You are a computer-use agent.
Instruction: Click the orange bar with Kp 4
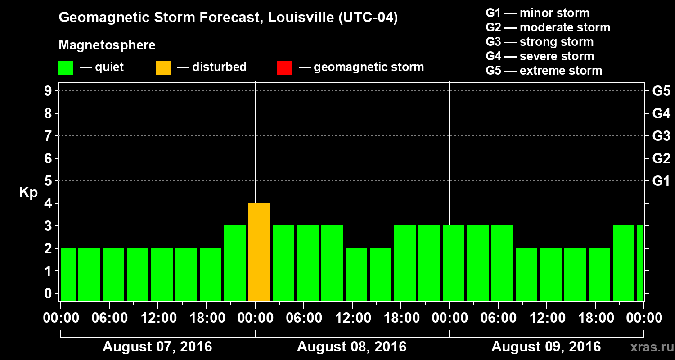click(259, 252)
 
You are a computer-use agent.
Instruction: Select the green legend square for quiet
click(66, 68)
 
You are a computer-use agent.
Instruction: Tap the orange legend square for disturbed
click(163, 68)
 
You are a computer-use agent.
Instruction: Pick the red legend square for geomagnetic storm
click(284, 68)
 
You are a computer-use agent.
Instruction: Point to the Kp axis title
click(28, 193)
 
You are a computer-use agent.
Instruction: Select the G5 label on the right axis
click(661, 91)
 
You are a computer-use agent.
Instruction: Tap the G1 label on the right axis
click(661, 181)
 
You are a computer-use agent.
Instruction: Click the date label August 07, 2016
click(157, 347)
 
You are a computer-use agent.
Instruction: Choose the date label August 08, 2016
click(352, 347)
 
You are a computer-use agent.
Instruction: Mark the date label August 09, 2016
click(546, 347)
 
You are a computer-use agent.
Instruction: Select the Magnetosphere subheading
click(107, 45)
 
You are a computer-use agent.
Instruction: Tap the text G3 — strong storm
click(540, 42)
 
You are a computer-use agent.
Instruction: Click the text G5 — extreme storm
click(544, 71)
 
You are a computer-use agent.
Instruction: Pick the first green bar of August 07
click(68, 274)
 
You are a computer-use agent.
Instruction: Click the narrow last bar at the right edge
click(640, 263)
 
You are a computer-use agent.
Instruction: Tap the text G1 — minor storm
click(538, 13)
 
